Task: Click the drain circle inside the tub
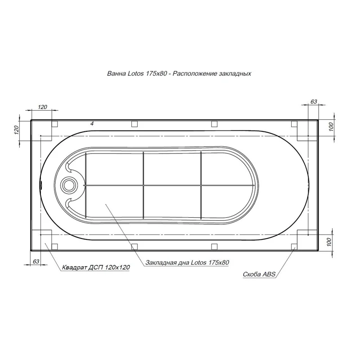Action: coord(70,184)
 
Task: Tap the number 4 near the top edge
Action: coord(91,123)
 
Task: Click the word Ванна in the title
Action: coord(116,73)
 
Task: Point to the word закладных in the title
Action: coord(234,73)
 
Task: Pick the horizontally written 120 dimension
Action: coord(42,107)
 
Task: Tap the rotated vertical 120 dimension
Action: coord(16,130)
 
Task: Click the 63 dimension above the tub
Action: coord(314,102)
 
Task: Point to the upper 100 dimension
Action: coord(331,127)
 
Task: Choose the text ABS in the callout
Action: coord(269,274)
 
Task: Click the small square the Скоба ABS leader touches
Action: coord(294,246)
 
